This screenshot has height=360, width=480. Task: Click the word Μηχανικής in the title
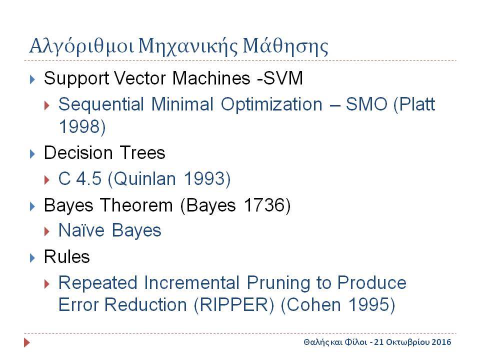(x=187, y=46)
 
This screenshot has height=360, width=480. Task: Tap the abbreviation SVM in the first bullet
(x=283, y=78)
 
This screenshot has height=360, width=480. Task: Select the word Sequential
(x=101, y=104)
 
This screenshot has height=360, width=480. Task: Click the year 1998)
(x=82, y=126)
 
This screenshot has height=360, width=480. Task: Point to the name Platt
(x=414, y=104)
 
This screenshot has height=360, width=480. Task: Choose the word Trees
(x=142, y=152)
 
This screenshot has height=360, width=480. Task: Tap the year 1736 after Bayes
(x=267, y=205)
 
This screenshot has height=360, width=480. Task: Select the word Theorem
(x=136, y=205)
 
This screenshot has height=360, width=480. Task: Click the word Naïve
(x=81, y=230)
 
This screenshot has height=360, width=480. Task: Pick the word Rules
(x=66, y=256)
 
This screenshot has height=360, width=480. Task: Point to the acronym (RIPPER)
(x=234, y=305)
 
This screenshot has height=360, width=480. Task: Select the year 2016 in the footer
(x=441, y=342)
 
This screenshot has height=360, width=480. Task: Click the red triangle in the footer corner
(x=27, y=342)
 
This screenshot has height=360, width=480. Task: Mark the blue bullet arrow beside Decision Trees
(x=32, y=153)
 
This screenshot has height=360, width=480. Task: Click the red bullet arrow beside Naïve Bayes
(x=47, y=231)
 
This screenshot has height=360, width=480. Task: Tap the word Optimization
(x=271, y=105)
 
